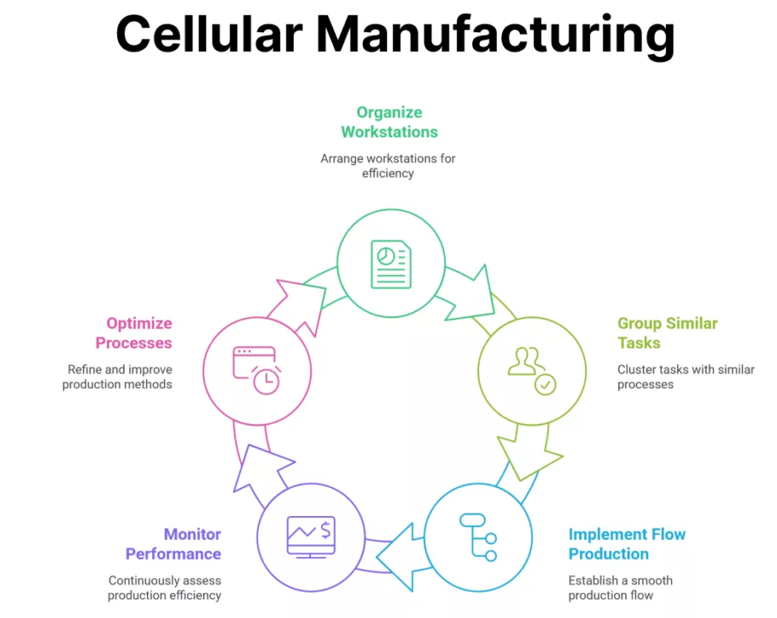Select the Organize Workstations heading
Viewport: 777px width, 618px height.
tap(390, 122)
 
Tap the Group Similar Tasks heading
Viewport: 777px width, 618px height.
tap(667, 332)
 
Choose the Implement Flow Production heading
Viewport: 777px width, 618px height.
tap(627, 544)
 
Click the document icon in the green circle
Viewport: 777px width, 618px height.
tap(391, 264)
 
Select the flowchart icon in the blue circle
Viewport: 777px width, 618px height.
tap(478, 536)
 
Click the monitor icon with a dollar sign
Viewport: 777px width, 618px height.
tap(311, 537)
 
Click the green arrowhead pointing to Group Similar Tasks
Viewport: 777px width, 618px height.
tap(472, 293)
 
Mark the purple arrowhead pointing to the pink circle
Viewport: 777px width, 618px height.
tap(260, 467)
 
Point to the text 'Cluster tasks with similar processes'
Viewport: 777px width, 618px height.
tap(685, 377)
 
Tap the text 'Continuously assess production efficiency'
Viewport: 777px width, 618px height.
tap(164, 587)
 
